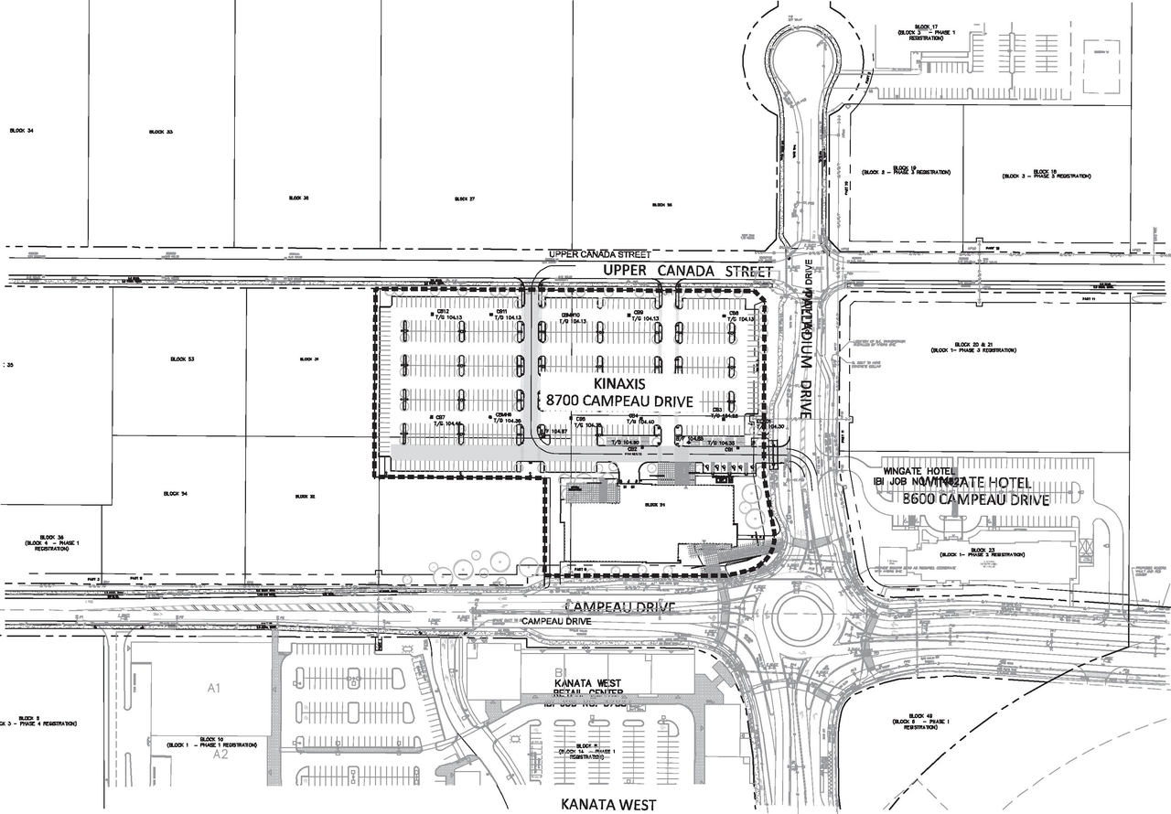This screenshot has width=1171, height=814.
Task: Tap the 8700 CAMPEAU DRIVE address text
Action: [619, 402]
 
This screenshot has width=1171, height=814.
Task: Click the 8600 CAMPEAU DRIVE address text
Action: [975, 500]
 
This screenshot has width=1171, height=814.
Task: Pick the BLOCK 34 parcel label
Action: [21, 132]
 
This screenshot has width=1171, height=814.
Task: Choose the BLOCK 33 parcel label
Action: [161, 133]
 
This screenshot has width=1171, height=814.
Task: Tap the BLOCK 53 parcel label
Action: [182, 359]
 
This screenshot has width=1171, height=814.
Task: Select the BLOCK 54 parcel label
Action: [177, 495]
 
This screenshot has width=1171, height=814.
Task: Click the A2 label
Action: [220, 755]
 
